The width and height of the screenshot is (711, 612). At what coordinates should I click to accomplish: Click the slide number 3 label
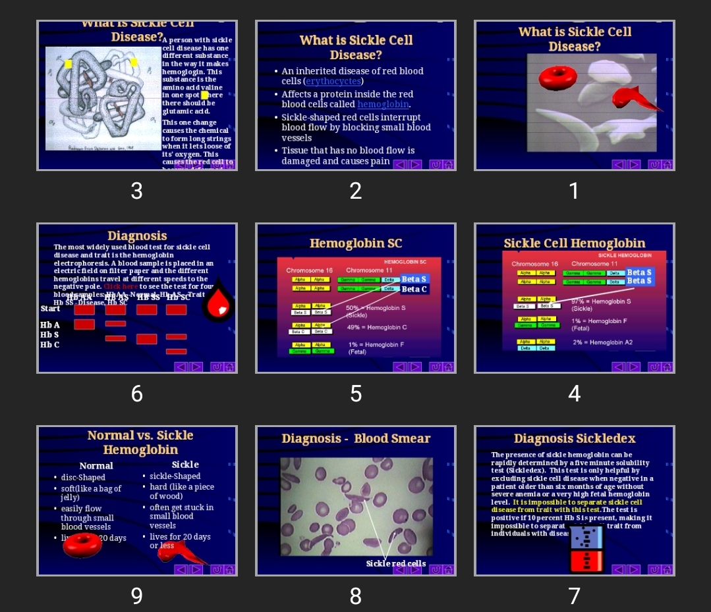point(136,191)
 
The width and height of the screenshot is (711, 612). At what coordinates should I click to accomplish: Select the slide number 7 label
point(574,596)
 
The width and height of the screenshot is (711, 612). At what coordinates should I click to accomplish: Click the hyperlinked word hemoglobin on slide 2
point(383,105)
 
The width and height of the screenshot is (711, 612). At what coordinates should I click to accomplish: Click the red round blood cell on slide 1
point(557,78)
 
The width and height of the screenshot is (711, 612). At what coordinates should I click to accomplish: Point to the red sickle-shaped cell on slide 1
point(635,97)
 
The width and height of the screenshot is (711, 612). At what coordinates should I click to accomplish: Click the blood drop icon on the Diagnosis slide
point(218,304)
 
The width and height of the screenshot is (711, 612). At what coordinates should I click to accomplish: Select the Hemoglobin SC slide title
point(356,243)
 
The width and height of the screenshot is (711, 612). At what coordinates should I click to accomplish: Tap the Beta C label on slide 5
point(414,289)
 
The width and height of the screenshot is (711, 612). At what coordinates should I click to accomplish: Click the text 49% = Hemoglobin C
point(377,327)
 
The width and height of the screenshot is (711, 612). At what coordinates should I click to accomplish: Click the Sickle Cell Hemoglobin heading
point(575,243)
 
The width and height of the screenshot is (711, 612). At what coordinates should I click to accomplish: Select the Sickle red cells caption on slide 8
point(396,564)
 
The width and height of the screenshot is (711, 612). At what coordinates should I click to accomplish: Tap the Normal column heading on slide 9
point(96,465)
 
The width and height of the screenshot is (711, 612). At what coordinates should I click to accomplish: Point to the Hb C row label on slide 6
point(50,345)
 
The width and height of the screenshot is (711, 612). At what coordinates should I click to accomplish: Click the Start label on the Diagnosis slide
point(51,309)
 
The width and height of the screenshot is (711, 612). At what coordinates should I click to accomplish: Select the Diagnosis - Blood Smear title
point(356,439)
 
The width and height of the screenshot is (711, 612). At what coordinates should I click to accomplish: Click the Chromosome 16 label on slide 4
point(534,264)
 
